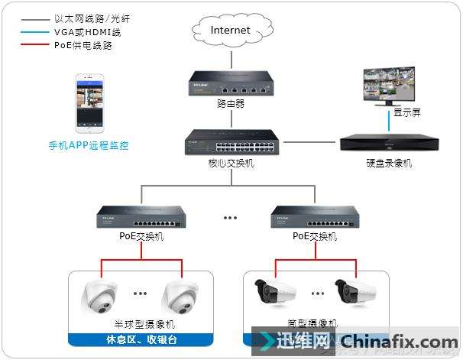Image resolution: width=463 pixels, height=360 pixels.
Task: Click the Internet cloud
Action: tap(231, 31)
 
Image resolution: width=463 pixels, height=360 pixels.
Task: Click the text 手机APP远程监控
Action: tap(89, 144)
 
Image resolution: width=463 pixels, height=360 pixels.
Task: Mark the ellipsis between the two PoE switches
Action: tap(230, 219)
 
